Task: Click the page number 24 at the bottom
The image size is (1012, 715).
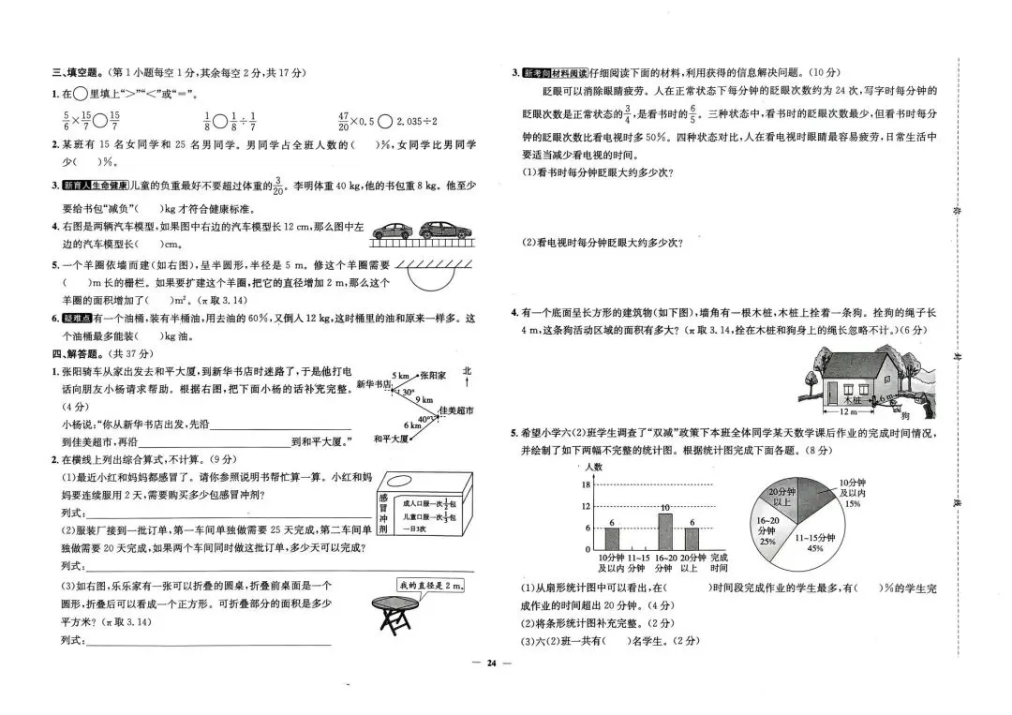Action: (490, 663)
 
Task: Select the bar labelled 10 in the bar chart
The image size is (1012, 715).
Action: (664, 529)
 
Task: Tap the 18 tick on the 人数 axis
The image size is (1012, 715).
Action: (587, 484)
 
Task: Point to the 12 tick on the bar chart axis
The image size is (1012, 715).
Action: (587, 506)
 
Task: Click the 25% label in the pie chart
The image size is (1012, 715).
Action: (766, 541)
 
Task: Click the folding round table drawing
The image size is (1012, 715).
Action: (394, 616)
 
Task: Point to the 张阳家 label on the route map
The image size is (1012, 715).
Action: (432, 374)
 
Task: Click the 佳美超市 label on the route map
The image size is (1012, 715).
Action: (455, 410)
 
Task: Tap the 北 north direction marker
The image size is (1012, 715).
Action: (467, 371)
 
